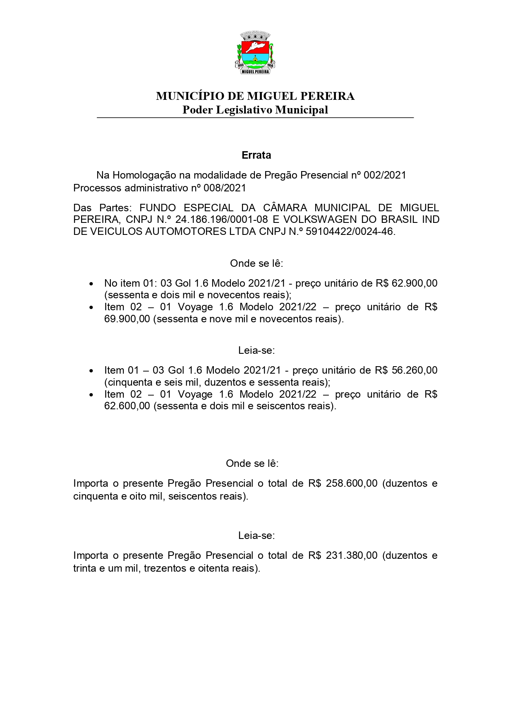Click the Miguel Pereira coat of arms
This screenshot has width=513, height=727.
(x=255, y=52)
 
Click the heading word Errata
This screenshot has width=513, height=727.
(x=256, y=155)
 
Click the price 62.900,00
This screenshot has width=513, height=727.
(x=415, y=283)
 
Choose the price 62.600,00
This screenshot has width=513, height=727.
(x=127, y=406)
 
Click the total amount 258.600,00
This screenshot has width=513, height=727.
(x=351, y=483)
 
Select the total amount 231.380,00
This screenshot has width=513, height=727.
(x=351, y=556)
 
